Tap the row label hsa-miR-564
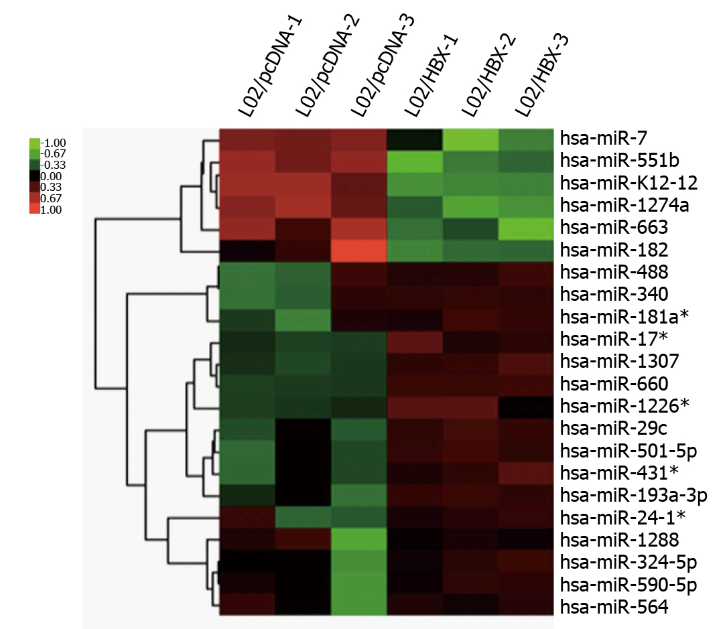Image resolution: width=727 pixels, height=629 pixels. click(x=605, y=608)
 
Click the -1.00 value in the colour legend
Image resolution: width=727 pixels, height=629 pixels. click(x=54, y=143)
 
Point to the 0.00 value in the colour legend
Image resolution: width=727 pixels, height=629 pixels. click(x=54, y=176)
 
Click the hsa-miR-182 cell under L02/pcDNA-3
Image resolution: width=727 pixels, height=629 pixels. click(x=358, y=250)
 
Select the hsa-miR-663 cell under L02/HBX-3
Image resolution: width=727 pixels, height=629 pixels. click(x=526, y=228)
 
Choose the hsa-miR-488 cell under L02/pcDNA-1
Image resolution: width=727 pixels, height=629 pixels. click(x=247, y=273)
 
